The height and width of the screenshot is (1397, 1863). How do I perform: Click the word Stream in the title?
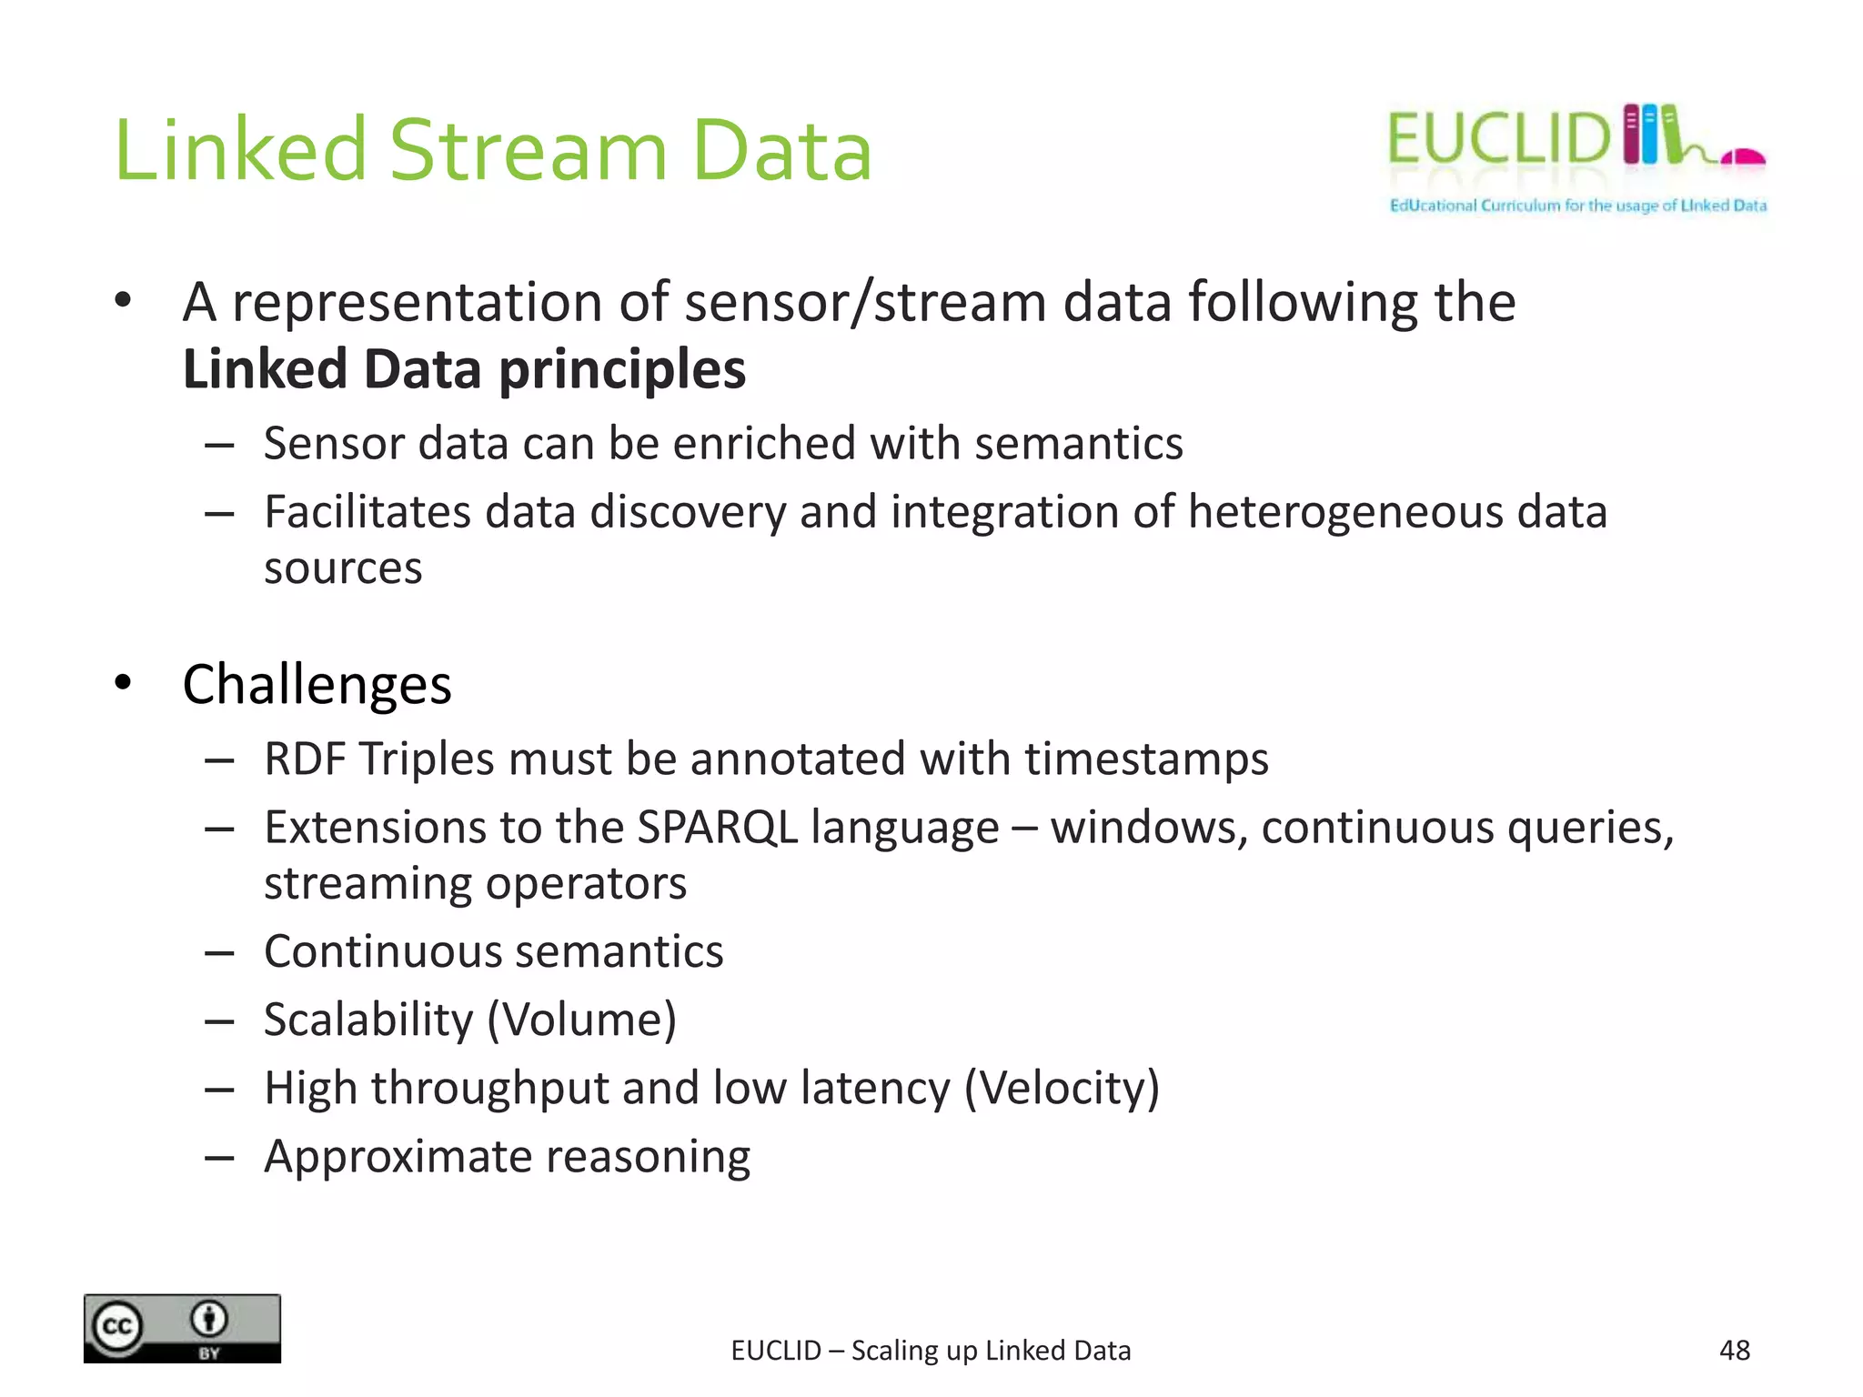tap(528, 151)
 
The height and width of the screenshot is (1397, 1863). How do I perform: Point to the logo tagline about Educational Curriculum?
tap(1577, 206)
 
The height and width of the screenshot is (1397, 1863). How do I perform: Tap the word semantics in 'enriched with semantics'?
tap(1079, 444)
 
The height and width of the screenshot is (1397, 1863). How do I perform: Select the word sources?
tap(343, 568)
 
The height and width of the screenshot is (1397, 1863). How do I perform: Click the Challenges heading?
tap(317, 684)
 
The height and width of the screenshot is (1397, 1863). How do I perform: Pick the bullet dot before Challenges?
tap(124, 682)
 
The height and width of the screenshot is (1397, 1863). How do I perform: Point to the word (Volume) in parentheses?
tap(582, 1020)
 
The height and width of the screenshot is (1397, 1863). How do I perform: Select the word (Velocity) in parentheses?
tap(1062, 1088)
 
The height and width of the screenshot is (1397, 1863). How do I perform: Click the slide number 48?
tap(1734, 1351)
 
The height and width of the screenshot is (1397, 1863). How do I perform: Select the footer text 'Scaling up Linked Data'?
tap(991, 1351)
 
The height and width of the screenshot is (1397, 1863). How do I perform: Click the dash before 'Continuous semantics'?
tap(219, 953)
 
